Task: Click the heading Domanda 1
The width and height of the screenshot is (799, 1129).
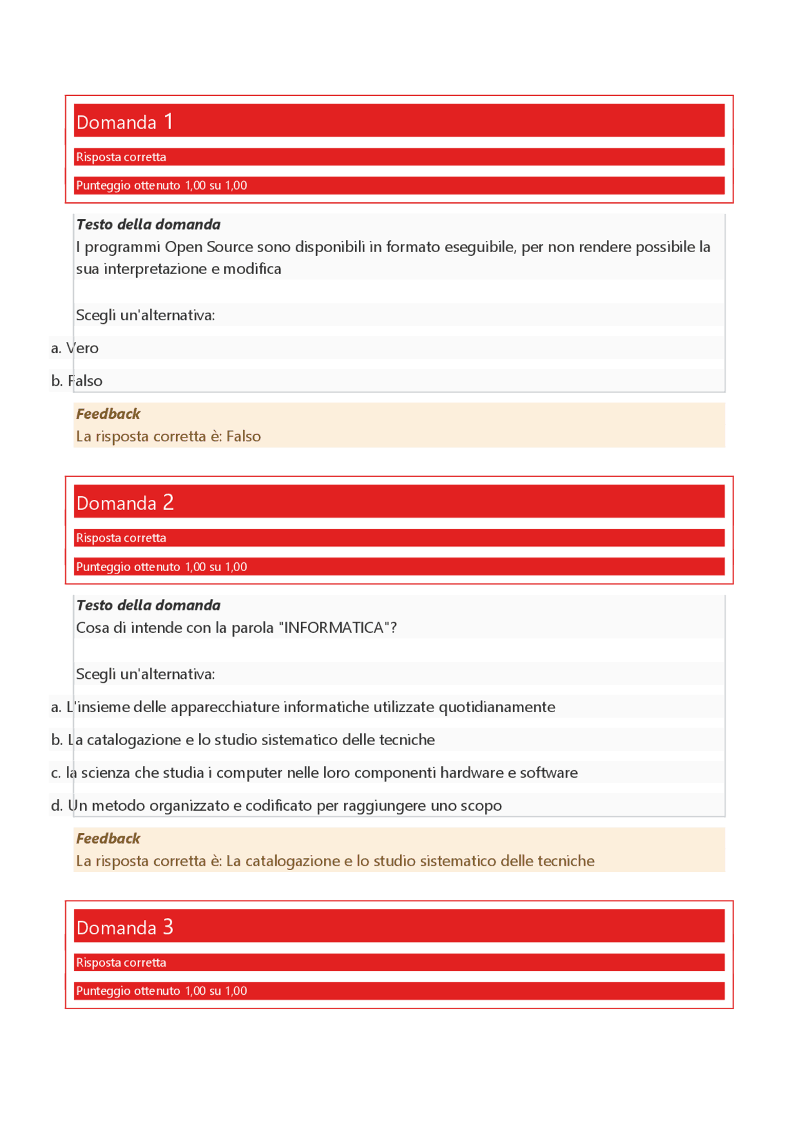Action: pos(124,122)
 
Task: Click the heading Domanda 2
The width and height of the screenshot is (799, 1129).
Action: pos(124,502)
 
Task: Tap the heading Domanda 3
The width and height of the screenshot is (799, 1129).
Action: pos(124,927)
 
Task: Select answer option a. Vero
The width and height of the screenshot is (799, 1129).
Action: pos(75,348)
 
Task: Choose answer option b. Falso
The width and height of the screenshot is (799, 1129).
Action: pos(77,381)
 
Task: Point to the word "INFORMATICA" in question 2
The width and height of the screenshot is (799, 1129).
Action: pos(334,628)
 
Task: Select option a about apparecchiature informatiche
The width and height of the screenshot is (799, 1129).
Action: pos(303,707)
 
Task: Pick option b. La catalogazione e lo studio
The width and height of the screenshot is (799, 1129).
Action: pos(243,740)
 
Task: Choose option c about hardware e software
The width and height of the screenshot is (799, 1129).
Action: pos(314,773)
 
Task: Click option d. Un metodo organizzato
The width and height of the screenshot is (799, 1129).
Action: pos(276,806)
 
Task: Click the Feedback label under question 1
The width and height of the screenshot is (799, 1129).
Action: pos(108,414)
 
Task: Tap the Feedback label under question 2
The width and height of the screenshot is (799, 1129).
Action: pos(108,838)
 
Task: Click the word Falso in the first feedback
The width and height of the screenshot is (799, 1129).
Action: pos(243,436)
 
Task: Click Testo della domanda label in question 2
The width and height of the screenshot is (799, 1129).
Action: pos(148,605)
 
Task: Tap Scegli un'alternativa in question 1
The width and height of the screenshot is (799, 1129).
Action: pos(145,315)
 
